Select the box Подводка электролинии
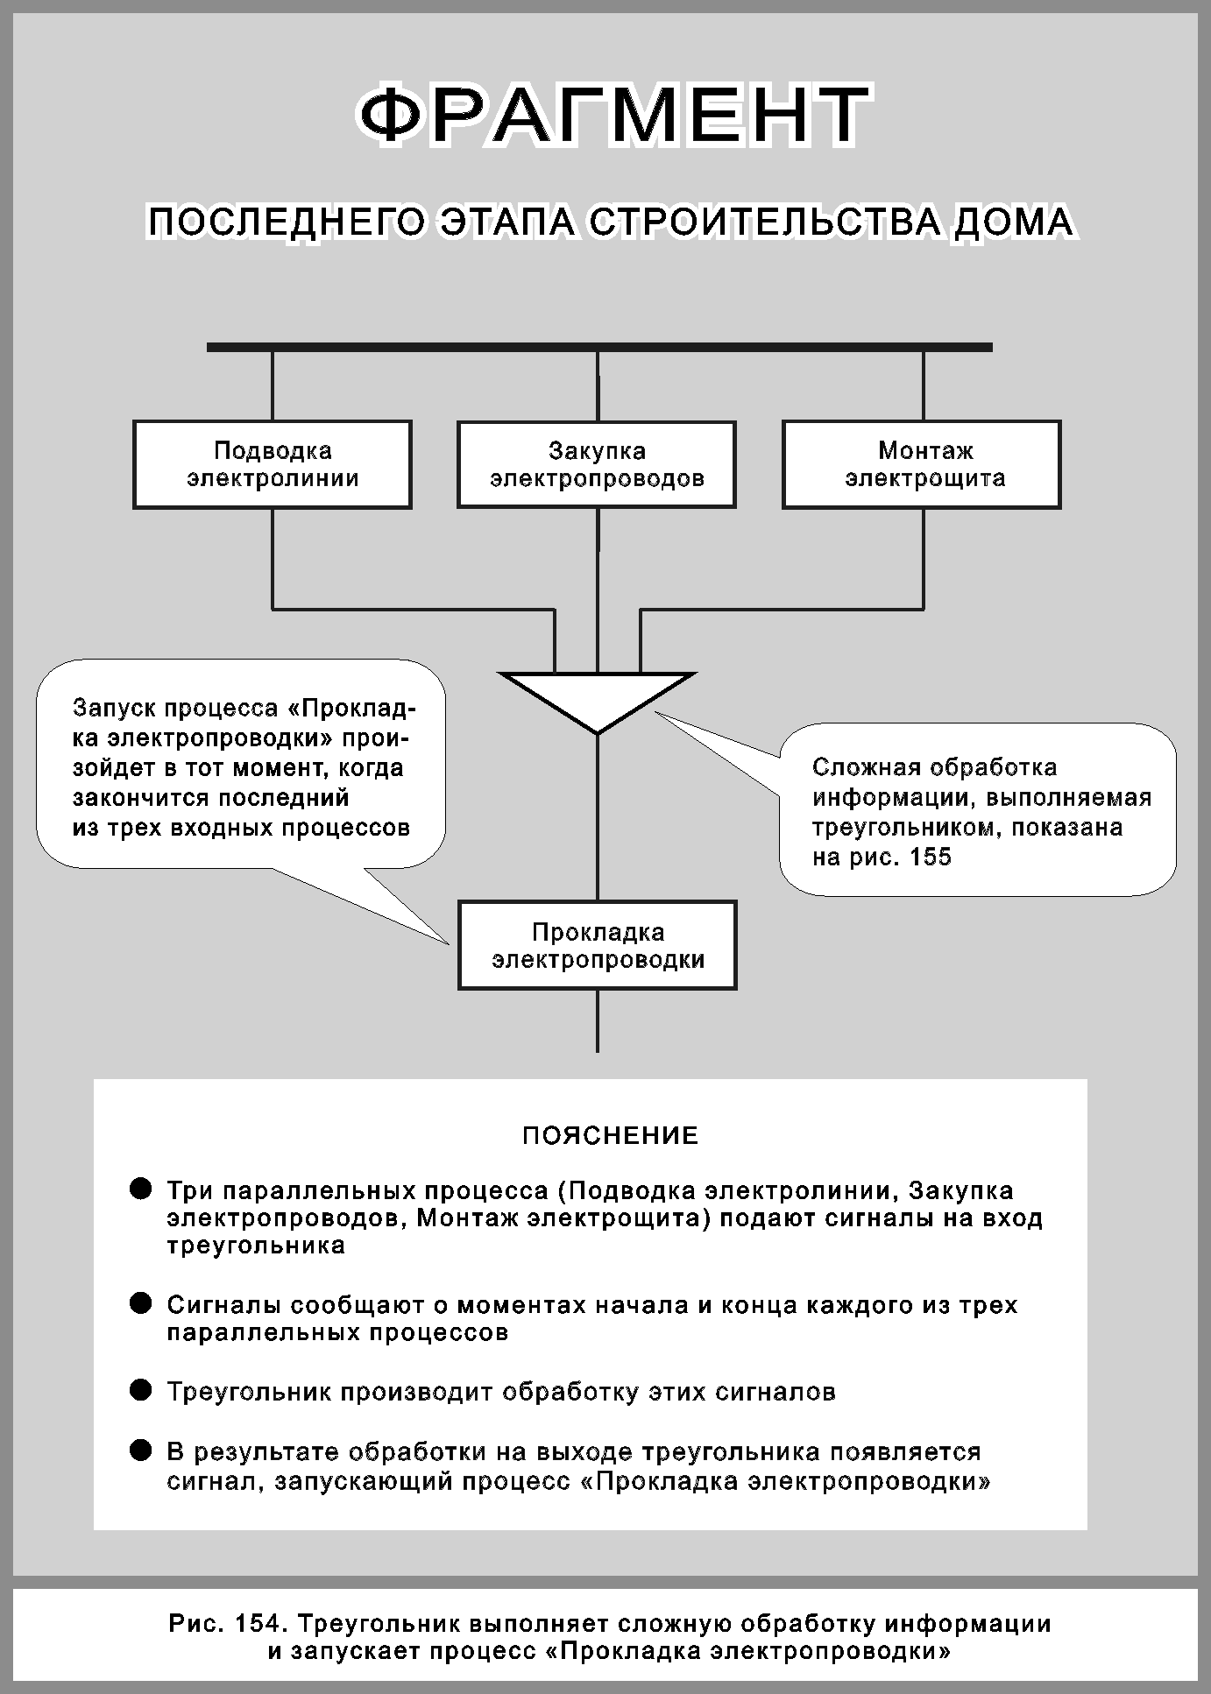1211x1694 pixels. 273,464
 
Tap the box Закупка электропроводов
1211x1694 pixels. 597,464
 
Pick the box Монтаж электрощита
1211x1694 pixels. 922,464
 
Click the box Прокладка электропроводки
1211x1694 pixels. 598,945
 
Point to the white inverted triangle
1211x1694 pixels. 598,696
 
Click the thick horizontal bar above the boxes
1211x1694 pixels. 599,348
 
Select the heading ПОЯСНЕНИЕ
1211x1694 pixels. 610,1136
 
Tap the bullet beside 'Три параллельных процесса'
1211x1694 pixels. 140,1189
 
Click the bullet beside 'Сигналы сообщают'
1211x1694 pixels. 140,1303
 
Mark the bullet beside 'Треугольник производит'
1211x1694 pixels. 140,1390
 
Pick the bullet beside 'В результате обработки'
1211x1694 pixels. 140,1450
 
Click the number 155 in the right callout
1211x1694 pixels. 931,857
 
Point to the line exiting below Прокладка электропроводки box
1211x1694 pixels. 598,1020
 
